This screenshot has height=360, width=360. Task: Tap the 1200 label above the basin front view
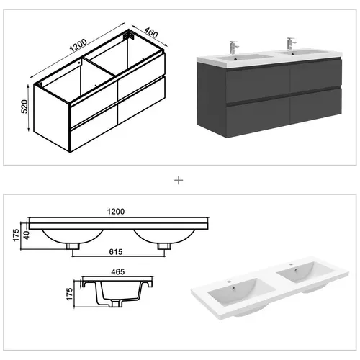tap(115, 212)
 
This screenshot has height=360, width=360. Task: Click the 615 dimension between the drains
tap(116, 254)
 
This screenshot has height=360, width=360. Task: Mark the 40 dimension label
tap(27, 233)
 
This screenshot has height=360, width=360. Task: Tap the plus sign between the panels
tap(179, 179)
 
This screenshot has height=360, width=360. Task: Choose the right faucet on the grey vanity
tap(292, 45)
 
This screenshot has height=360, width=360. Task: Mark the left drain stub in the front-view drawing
tap(73, 246)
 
